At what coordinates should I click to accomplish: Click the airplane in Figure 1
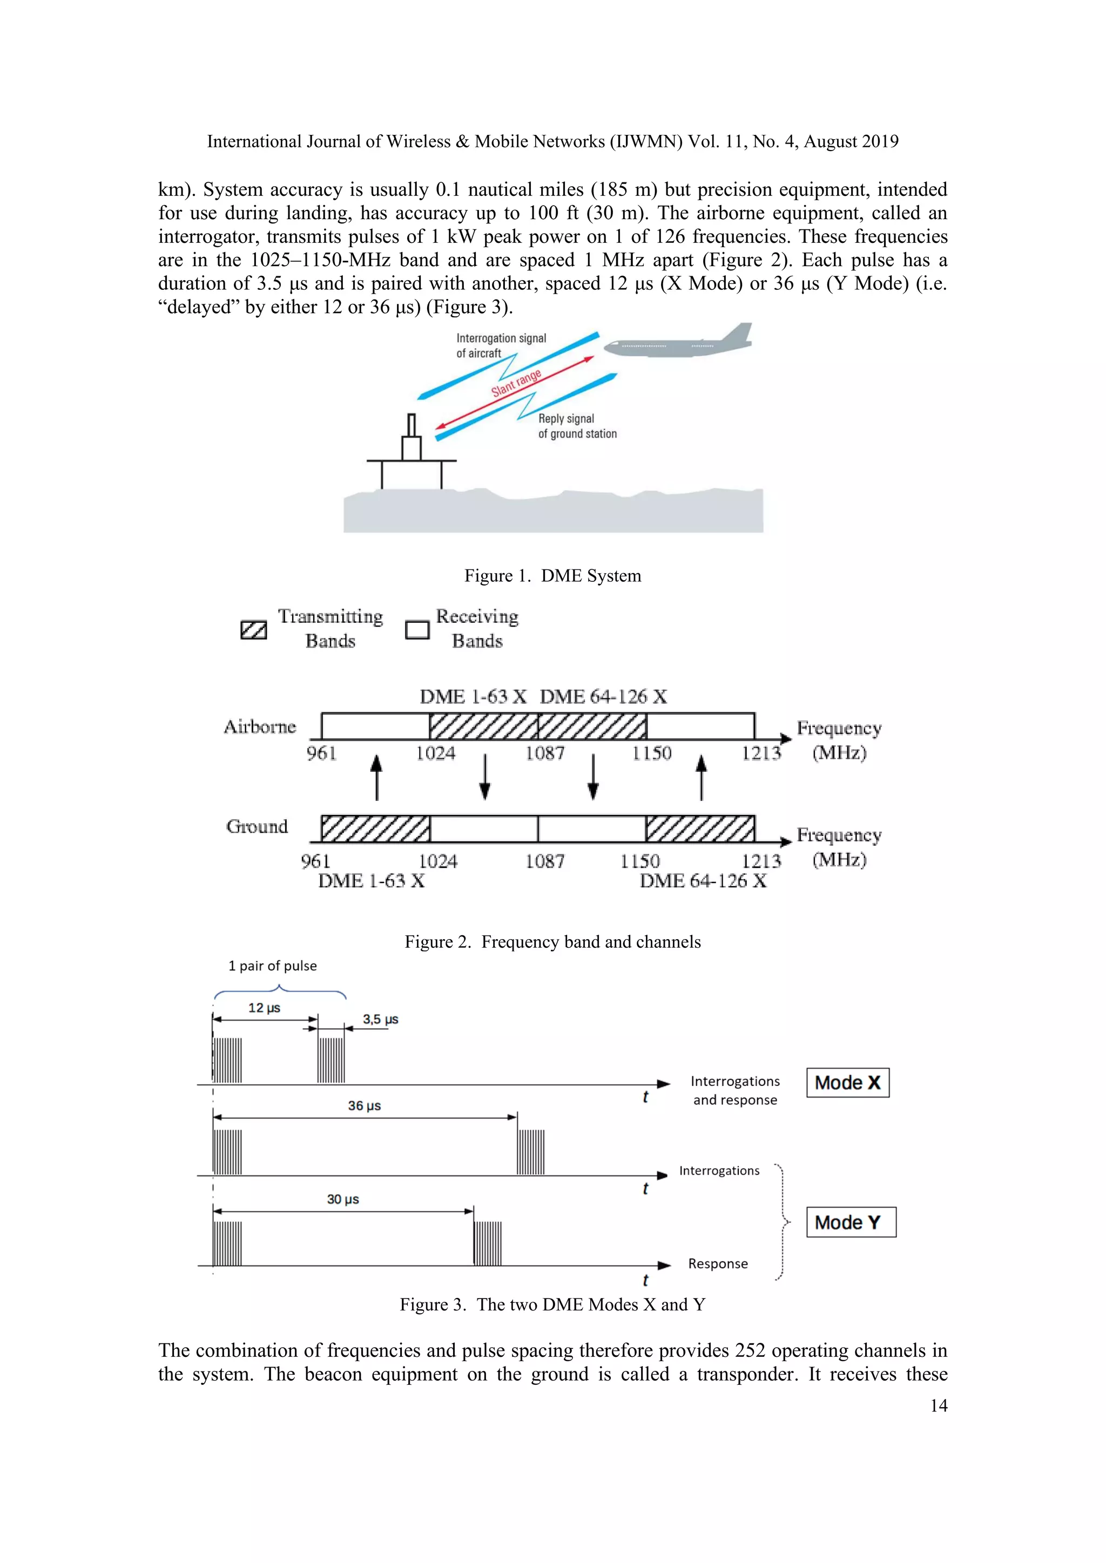coord(678,344)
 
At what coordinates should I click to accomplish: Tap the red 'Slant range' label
coord(516,383)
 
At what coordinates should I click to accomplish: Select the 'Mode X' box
coord(847,1083)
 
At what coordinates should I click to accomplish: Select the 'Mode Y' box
coord(851,1222)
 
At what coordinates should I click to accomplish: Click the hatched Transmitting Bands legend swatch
coord(253,630)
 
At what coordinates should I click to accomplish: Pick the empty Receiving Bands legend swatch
coord(417,630)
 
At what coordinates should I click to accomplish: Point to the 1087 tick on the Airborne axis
coord(544,753)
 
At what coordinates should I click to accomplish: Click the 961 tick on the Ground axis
coord(315,861)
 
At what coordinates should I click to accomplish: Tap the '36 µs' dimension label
coord(365,1105)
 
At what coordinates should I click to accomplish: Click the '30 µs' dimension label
coord(342,1199)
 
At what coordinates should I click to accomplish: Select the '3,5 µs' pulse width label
coord(380,1019)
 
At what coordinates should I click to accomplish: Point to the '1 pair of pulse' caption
coord(272,966)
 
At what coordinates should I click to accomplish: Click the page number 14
coord(939,1406)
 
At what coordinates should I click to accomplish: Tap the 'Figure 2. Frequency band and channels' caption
coord(552,941)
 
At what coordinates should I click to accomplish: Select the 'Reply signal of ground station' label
coord(577,426)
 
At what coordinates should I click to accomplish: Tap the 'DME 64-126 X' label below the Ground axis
coord(703,881)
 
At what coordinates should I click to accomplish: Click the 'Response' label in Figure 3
coord(718,1263)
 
